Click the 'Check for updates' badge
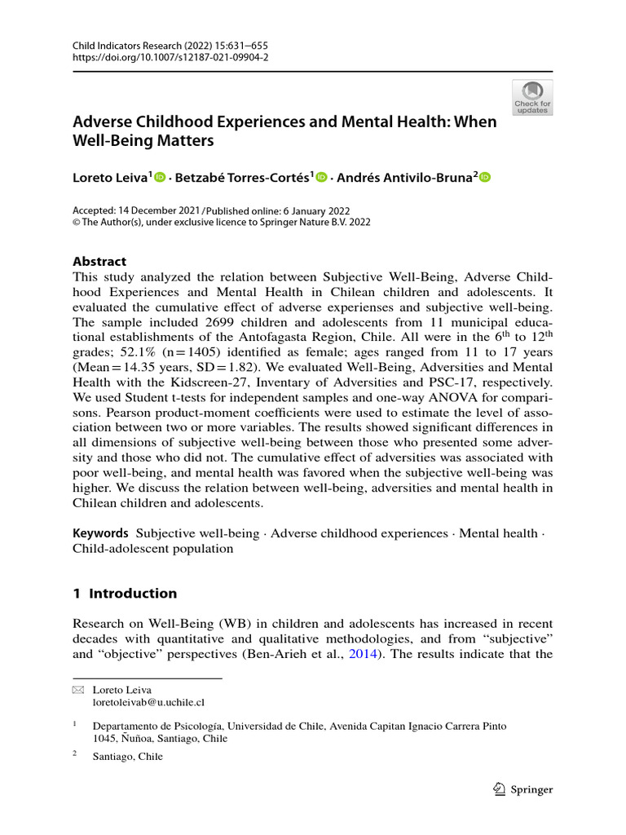[531, 96]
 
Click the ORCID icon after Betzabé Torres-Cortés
[321, 178]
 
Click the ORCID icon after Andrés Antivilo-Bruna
[487, 178]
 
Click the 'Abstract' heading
[99, 262]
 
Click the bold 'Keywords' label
[101, 533]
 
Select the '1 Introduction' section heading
[125, 593]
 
